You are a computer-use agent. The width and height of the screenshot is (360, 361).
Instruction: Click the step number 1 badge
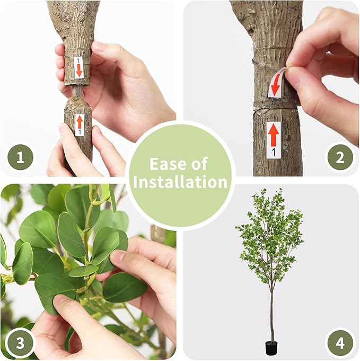[20, 158]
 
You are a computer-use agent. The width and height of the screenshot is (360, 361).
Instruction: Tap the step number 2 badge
[340, 158]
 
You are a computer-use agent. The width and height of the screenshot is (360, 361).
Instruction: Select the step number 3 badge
[20, 342]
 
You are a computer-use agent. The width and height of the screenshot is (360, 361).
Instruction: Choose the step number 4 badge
[340, 342]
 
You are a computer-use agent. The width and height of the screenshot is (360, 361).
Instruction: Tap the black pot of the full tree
[271, 348]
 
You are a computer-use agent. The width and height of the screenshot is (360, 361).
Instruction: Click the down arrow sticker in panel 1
[78, 67]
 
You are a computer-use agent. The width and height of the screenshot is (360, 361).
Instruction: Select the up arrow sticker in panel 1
[80, 124]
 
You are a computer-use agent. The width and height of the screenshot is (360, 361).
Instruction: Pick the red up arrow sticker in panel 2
[273, 140]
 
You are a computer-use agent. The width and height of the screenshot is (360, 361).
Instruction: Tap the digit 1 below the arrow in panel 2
[273, 153]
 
